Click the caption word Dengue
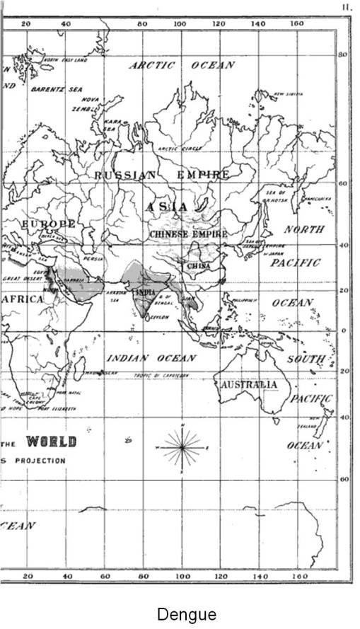[x=187, y=613]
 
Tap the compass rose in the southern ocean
[x=182, y=448]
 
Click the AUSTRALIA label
[x=249, y=385]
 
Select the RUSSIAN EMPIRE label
[x=162, y=175]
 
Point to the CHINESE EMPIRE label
[x=188, y=234]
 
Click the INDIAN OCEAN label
[x=151, y=358]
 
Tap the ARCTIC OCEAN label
[x=182, y=65]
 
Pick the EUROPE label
[x=47, y=224]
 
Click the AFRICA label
[x=23, y=299]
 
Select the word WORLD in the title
[x=51, y=442]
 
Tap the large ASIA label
[x=168, y=207]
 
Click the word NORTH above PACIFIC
[x=304, y=229]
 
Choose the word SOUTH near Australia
[x=306, y=359]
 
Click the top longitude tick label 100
[x=180, y=23]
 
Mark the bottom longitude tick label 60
[x=105, y=577]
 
